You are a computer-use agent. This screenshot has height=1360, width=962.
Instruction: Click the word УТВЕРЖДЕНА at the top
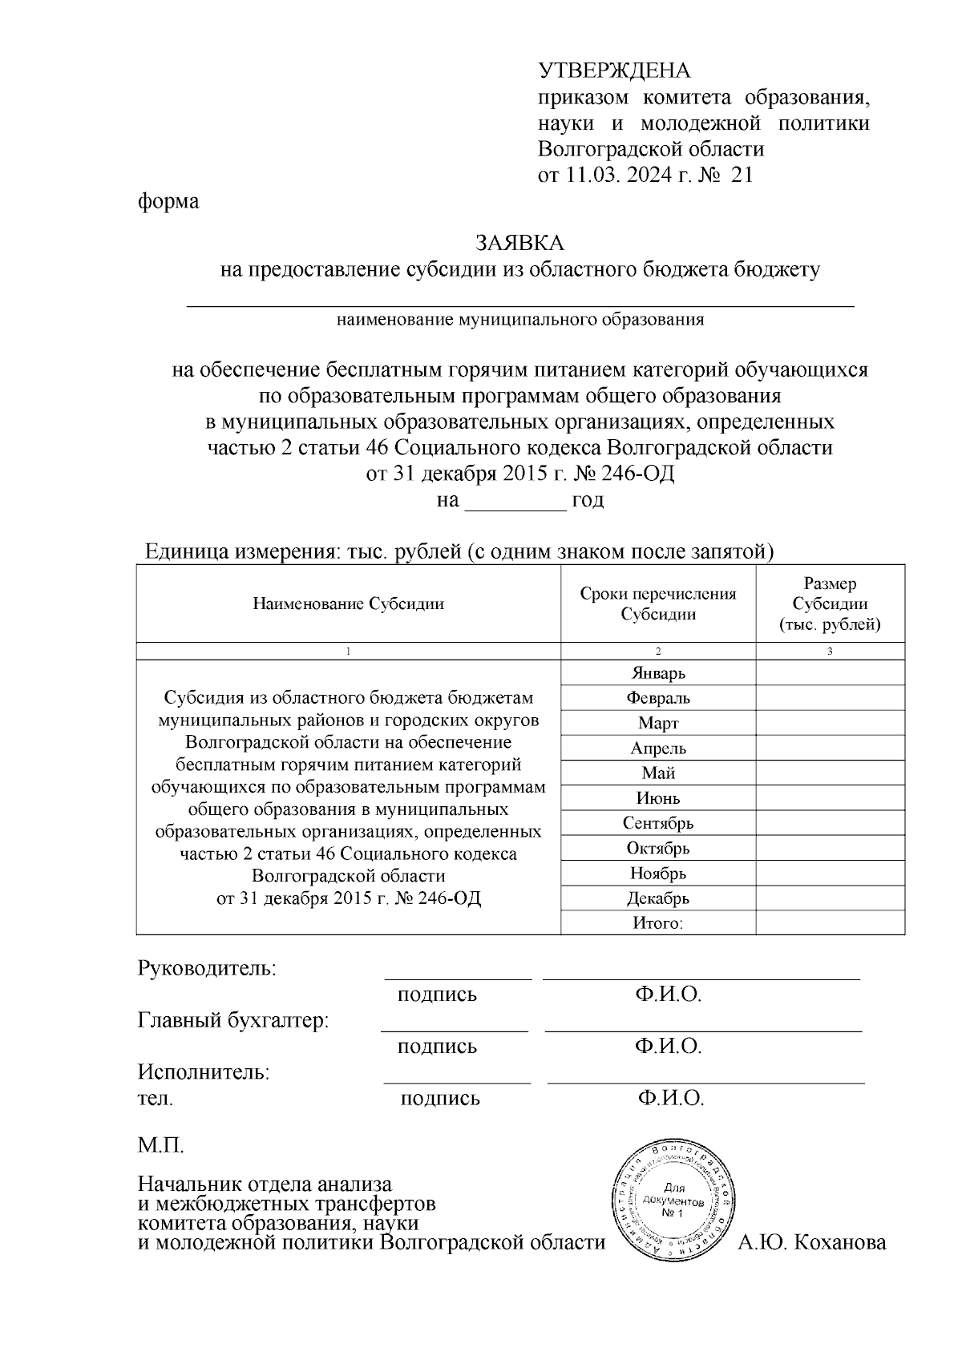point(613,71)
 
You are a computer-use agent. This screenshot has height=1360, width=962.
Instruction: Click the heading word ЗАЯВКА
point(519,243)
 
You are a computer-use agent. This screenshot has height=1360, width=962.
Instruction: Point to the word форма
point(168,200)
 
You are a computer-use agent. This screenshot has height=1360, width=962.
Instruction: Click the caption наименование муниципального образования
point(519,320)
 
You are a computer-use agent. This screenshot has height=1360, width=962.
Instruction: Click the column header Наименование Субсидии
point(348,603)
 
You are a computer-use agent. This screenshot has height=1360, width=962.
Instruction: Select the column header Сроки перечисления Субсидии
point(657,603)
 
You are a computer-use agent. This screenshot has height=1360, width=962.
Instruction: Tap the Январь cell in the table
point(657,673)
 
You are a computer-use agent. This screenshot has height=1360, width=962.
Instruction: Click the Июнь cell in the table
point(657,798)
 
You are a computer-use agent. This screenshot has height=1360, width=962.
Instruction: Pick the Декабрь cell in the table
point(657,898)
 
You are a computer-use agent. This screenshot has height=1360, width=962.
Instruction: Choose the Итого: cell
point(657,923)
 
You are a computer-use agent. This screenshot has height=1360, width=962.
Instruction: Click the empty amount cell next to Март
point(830,723)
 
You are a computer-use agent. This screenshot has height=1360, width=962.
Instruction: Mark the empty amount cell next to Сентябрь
point(830,823)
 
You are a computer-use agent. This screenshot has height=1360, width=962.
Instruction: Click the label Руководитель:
point(207,968)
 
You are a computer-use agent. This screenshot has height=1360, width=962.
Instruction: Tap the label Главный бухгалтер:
point(233,1021)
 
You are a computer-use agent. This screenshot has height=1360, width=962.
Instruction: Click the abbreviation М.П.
point(160,1145)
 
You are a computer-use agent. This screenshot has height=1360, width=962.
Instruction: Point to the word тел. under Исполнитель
point(156,1099)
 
